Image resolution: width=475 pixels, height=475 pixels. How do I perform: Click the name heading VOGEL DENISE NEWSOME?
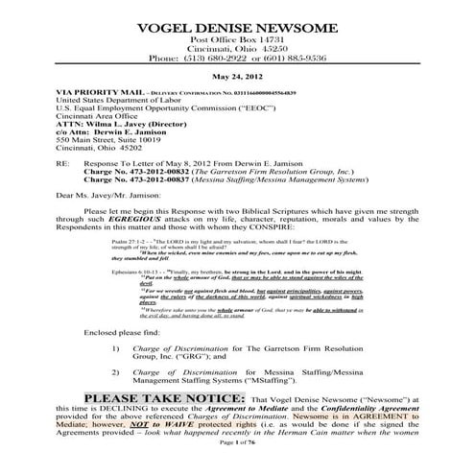coord(237,23)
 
